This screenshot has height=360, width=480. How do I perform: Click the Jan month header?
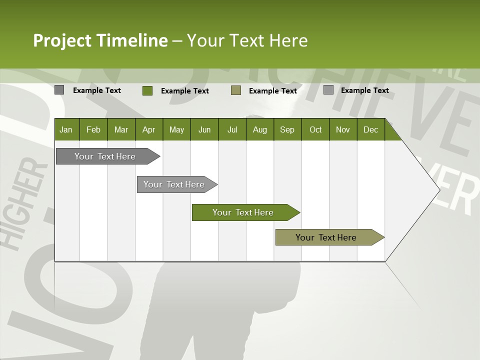66,129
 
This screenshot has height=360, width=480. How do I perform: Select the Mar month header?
121,129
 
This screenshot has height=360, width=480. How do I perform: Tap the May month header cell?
176,129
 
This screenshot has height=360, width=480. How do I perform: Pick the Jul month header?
232,129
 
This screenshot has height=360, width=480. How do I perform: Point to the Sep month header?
287,129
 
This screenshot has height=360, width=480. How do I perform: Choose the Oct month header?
315,129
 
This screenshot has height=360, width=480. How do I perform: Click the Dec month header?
370,129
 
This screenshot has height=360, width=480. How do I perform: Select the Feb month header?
93,129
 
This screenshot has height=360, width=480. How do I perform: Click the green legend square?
147,90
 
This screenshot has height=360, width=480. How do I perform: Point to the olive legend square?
236,90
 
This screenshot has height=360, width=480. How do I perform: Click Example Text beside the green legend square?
184,91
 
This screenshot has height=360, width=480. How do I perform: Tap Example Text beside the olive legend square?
272,91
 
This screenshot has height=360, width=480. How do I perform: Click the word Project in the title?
62,40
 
